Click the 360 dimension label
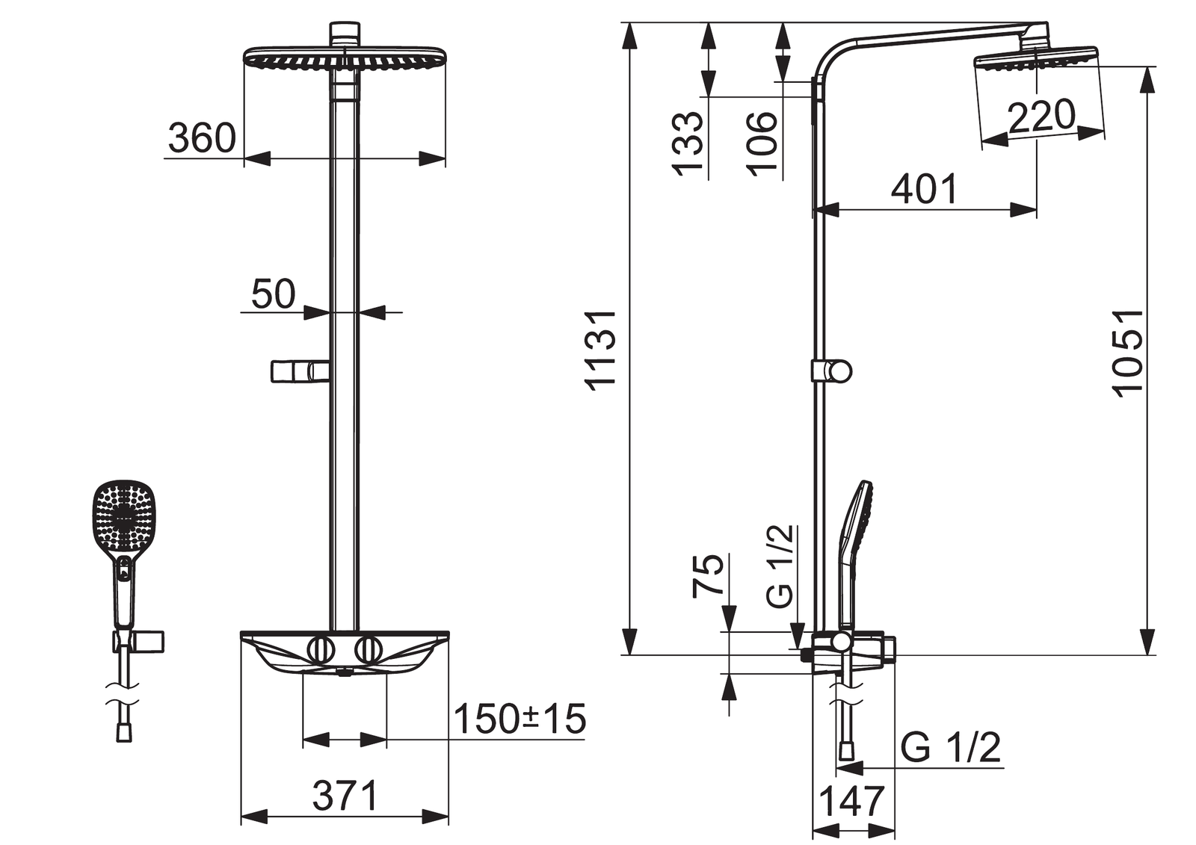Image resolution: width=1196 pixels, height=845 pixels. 202,137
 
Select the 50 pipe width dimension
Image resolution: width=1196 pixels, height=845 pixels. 273,294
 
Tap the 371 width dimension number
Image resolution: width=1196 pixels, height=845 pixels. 345,796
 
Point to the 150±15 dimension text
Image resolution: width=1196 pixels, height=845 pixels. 520,719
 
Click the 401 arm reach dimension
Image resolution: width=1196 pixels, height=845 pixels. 924,189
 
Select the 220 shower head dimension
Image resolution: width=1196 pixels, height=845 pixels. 1041,115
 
